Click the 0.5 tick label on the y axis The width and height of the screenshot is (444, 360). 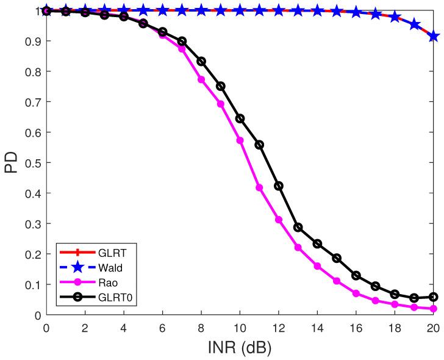pos(32,163)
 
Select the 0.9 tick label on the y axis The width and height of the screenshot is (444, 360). pos(32,41)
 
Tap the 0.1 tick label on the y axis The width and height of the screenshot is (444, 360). pos(32,284)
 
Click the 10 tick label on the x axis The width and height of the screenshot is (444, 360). pos(240,328)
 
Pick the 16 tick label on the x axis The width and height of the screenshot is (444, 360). pos(356,328)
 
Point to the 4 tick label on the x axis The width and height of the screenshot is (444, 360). pos(124,328)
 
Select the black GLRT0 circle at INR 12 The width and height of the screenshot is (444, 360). pos(279,186)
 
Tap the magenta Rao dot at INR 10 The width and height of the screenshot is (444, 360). pos(240,140)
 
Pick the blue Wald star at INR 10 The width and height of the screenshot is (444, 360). pos(240,10)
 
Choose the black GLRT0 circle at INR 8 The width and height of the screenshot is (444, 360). pos(201,62)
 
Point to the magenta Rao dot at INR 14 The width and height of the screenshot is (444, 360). pos(317,266)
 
